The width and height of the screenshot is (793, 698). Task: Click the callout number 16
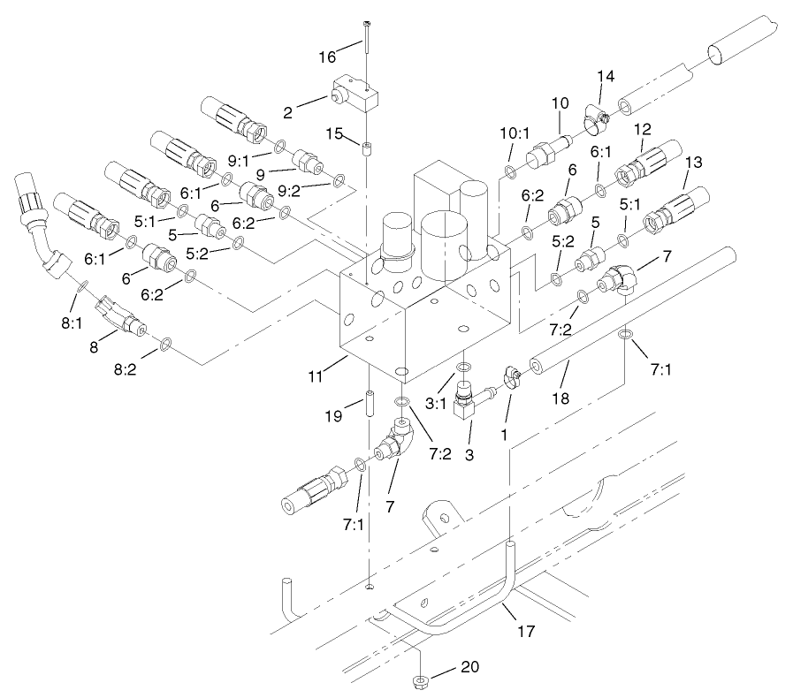click(328, 57)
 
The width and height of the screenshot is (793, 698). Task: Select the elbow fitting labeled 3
click(466, 404)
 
